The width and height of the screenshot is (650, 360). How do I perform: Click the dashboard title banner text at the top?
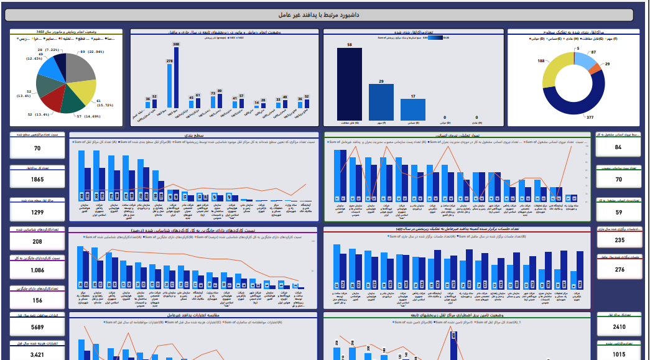[325, 14]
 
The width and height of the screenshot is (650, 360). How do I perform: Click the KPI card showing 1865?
[37, 179]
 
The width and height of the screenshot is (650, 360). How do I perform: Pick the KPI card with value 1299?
[37, 212]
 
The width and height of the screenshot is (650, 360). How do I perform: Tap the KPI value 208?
[37, 242]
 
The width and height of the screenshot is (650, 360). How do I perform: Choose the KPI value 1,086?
[37, 270]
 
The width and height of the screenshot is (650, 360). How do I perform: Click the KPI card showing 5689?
[37, 327]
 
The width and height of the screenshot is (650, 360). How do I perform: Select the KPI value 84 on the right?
[618, 147]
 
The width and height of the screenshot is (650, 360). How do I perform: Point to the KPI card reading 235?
[619, 240]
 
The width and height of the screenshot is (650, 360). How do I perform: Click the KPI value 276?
[619, 270]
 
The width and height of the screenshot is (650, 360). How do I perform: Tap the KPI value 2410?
[619, 327]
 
